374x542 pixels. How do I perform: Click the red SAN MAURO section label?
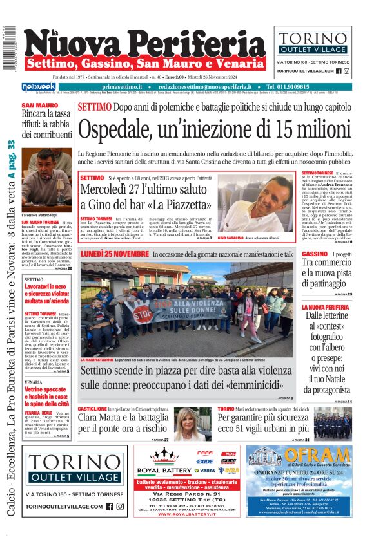click(x=39, y=106)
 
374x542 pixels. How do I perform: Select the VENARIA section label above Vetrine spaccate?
click(x=34, y=382)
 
